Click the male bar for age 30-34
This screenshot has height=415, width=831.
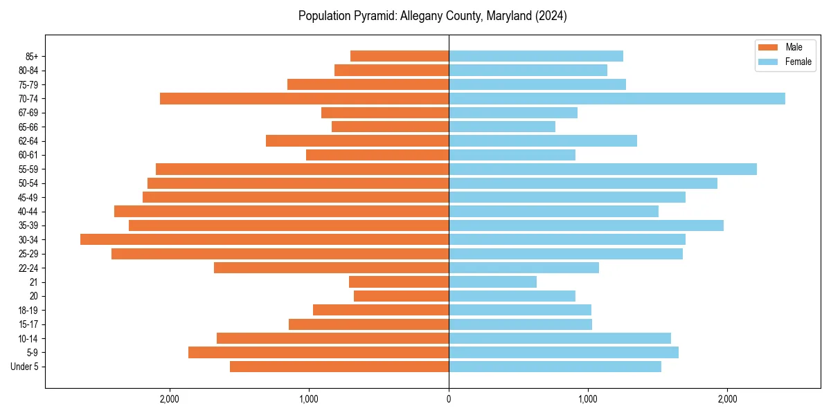[265, 239]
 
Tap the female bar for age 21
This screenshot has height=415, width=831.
[492, 282]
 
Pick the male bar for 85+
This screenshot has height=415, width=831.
[400, 56]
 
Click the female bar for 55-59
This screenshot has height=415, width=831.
[602, 169]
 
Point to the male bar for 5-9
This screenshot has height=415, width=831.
[319, 353]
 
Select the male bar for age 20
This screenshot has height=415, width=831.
[401, 296]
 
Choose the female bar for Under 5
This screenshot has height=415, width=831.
[555, 367]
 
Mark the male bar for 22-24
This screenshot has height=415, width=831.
[331, 268]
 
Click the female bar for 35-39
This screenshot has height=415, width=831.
[586, 225]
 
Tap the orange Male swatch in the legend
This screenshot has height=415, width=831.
[768, 47]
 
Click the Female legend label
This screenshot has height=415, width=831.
[798, 62]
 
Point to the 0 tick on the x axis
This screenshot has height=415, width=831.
[449, 399]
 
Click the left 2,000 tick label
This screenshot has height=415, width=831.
[169, 399]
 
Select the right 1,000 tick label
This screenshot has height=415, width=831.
[588, 399]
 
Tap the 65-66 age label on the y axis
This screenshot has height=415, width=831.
[28, 127]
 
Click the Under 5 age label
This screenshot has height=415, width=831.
[25, 367]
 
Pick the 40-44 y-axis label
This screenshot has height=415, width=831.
[28, 212]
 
